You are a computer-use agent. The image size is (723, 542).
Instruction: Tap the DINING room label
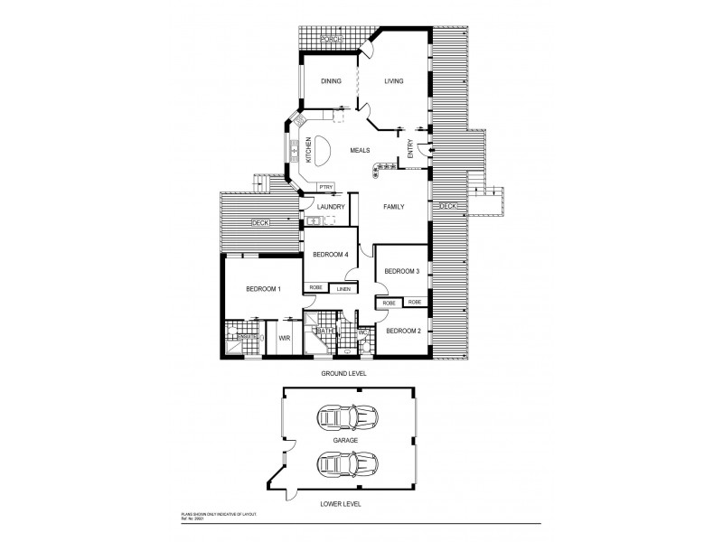pos(331,81)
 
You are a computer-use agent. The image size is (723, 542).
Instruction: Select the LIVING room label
pos(393,81)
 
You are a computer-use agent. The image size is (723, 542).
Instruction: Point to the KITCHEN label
pos(308,149)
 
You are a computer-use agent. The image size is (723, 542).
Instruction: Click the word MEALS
pos(361,151)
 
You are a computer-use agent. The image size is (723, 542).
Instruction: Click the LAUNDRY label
pos(332,206)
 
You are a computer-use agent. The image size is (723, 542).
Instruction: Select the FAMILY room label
pos(393,207)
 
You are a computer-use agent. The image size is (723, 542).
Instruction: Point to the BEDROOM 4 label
pos(331,255)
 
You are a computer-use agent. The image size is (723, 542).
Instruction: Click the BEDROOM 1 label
pos(264,289)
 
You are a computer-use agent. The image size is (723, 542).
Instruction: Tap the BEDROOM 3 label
pos(401,271)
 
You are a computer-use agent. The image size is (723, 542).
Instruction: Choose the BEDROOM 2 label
pos(404,331)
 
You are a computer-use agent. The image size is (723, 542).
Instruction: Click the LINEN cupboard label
pos(343,289)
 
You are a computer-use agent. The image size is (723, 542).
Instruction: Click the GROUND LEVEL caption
pos(344,373)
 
